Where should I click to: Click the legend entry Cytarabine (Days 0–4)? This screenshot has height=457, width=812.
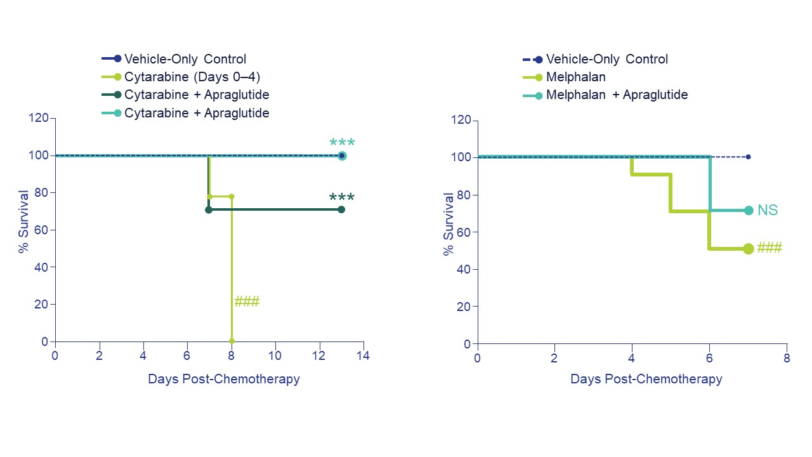(192, 77)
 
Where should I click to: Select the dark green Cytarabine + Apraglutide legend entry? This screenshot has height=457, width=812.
(197, 95)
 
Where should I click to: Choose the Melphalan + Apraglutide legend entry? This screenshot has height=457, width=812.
(617, 95)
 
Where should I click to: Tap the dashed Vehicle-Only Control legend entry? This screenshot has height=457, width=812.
(606, 60)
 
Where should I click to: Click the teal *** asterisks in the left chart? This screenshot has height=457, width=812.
(342, 143)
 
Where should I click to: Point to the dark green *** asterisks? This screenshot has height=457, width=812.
(342, 198)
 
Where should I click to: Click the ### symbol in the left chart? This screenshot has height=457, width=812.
(247, 302)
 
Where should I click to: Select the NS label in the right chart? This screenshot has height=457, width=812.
(768, 210)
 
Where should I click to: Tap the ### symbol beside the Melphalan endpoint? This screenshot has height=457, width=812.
(769, 248)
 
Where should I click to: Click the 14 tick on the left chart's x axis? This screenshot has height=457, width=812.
(363, 355)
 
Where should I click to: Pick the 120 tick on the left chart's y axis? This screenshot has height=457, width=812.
(39, 118)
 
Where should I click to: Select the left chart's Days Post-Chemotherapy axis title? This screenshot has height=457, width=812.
(223, 380)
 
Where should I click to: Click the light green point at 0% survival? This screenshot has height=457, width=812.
(232, 341)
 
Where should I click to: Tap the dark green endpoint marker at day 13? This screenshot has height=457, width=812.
(341, 209)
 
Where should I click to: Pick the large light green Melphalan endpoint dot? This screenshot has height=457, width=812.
(749, 249)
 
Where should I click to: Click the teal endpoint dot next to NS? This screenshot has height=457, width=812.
(749, 210)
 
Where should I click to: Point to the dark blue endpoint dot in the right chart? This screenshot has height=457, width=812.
(749, 157)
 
